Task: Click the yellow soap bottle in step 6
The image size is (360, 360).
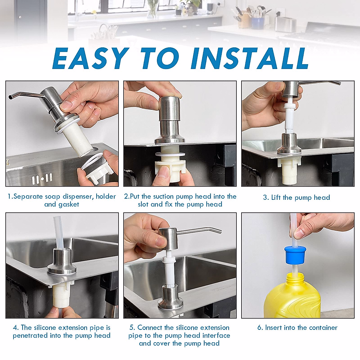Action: [292, 297]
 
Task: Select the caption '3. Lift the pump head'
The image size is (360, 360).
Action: [296, 197]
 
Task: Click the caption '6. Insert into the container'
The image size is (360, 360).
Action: [297, 328]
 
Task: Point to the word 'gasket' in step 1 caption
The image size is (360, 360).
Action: [69, 205]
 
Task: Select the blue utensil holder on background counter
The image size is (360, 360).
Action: [257, 22]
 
